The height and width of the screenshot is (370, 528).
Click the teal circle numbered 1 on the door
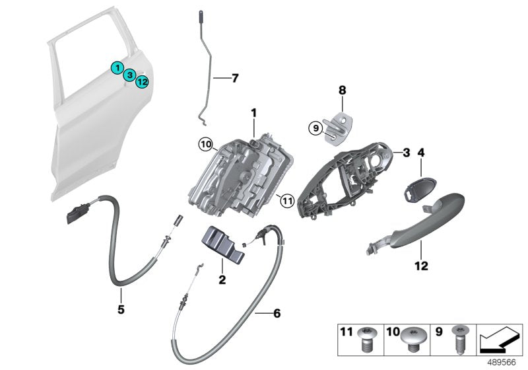click(116, 67)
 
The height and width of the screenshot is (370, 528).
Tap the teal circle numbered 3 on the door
click(131, 75)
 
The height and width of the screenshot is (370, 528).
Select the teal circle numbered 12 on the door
click(142, 82)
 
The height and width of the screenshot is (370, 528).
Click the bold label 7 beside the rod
click(234, 78)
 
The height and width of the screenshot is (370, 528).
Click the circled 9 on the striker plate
click(315, 128)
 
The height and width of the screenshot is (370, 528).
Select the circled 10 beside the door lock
click(205, 143)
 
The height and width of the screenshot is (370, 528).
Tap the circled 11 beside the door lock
click(285, 198)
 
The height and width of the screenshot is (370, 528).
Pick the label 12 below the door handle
click(421, 266)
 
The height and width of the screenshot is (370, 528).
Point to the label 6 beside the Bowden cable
click(277, 313)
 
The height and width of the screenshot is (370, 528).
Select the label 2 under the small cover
click(222, 280)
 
